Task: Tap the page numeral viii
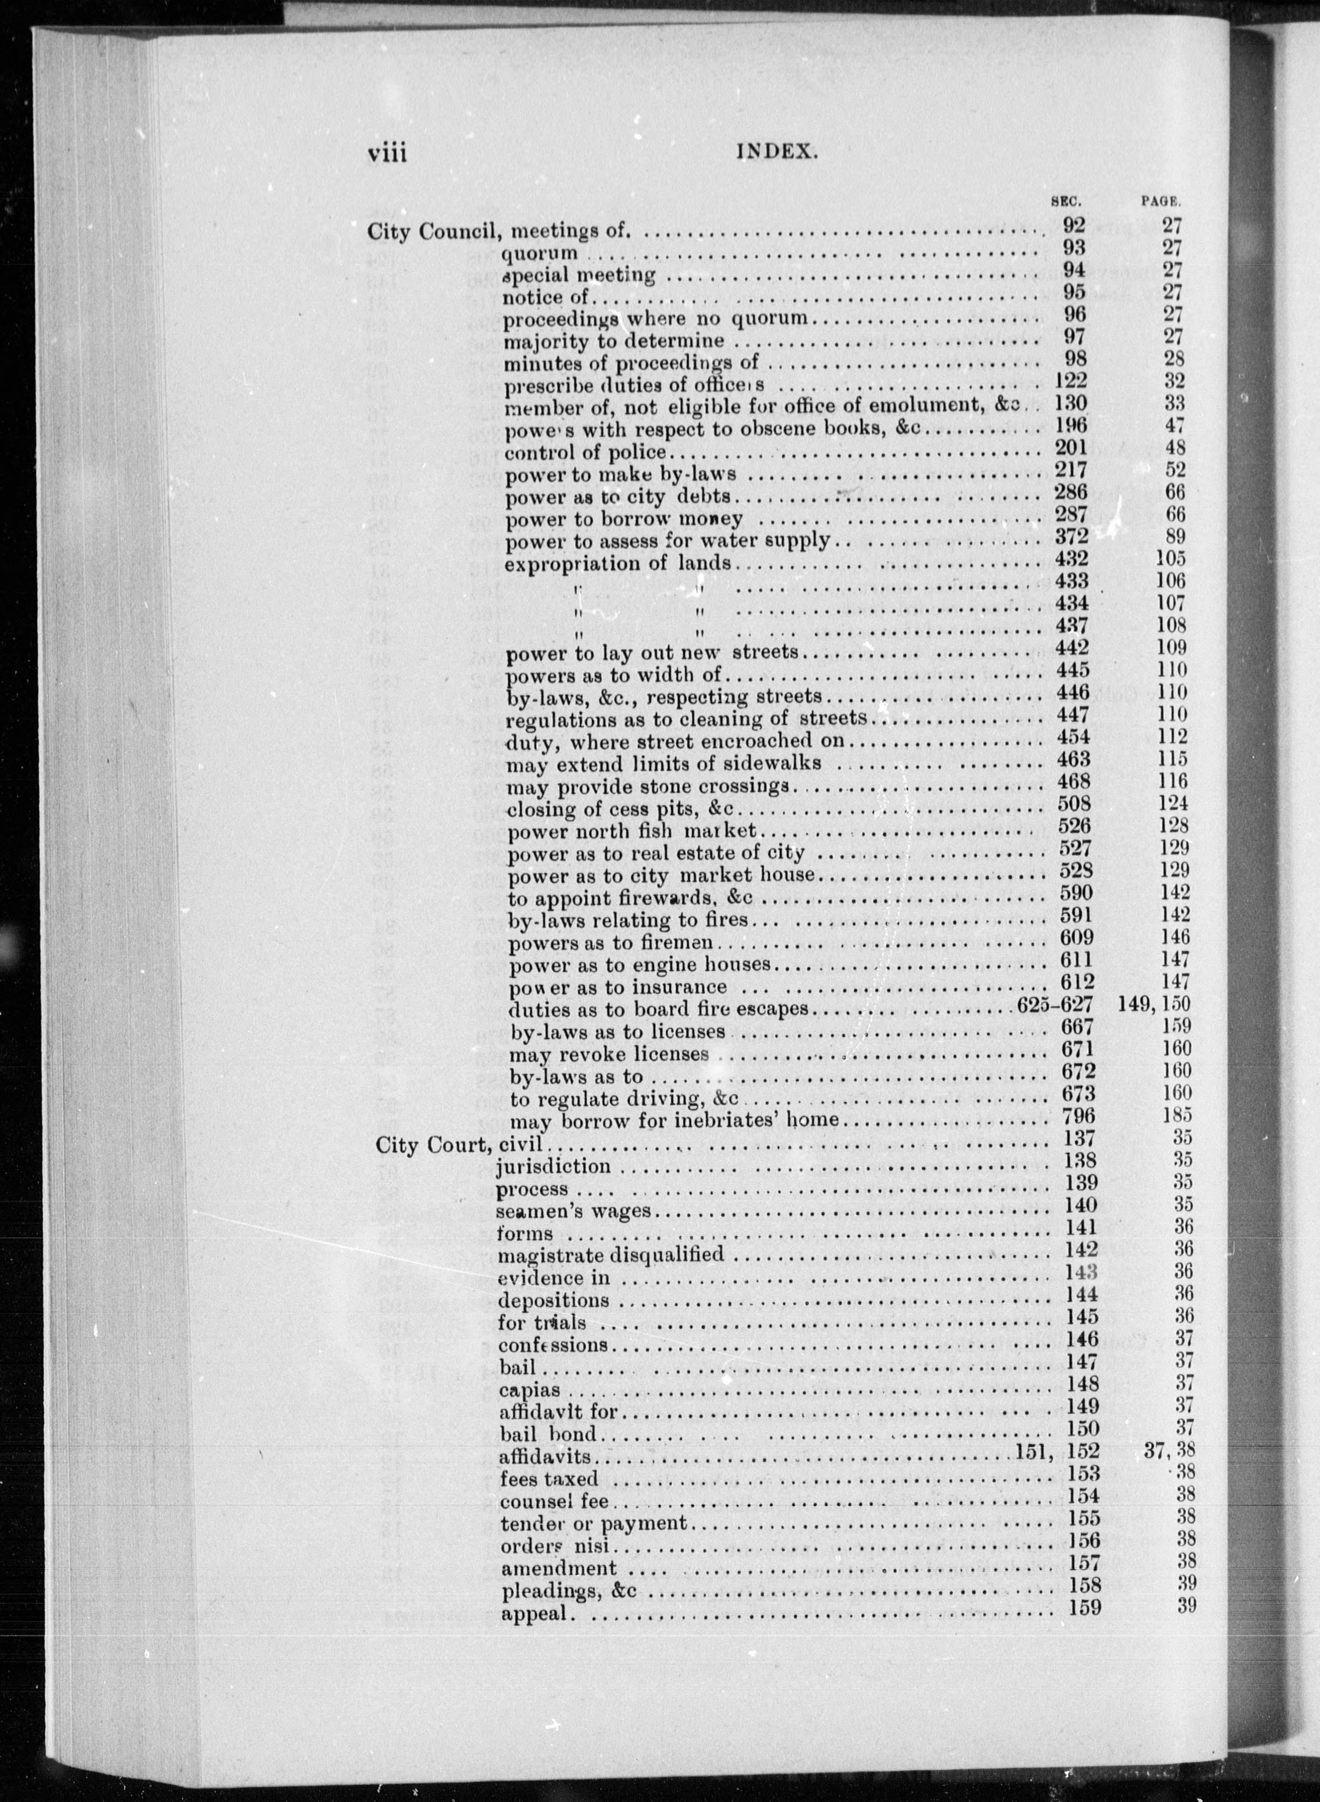point(387,152)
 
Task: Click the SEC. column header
point(1065,202)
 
